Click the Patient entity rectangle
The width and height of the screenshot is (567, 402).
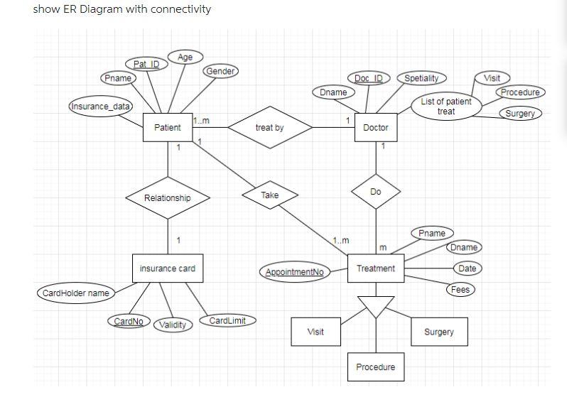point(168,128)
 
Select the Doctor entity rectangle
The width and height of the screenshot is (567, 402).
point(375,128)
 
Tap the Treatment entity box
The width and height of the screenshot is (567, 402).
point(375,268)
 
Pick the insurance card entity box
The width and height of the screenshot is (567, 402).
point(168,268)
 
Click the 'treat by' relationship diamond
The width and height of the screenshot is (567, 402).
point(269,128)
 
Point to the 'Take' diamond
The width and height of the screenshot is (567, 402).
point(269,195)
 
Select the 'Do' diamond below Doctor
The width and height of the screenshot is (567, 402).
point(375,192)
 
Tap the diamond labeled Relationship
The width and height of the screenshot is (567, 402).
point(168,197)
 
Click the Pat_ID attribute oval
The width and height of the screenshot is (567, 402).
point(145,65)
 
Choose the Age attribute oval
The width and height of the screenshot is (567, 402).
point(185,57)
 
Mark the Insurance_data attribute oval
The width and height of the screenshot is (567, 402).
point(99,107)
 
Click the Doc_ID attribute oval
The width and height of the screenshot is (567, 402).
point(369,77)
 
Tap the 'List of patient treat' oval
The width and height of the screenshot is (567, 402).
point(445,107)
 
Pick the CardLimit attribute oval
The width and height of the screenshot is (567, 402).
point(227,320)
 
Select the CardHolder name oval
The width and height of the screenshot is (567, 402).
point(76,293)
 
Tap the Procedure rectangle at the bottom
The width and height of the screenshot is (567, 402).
point(375,366)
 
